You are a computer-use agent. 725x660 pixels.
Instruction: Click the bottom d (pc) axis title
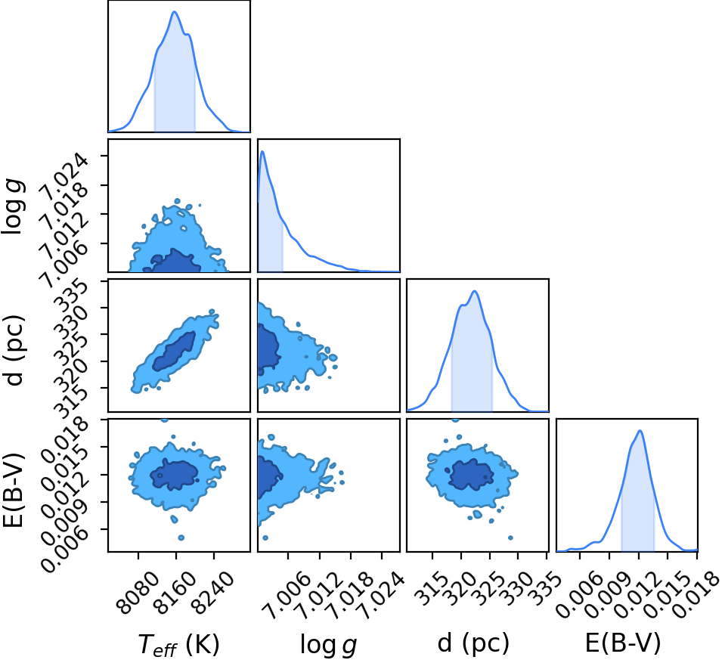tap(473, 643)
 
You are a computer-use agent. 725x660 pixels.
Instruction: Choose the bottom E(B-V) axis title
tap(623, 643)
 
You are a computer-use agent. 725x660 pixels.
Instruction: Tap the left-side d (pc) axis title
tap(14, 351)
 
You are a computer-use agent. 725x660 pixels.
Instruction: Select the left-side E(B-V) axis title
tap(14, 489)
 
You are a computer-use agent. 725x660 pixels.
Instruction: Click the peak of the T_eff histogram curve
tap(175, 11)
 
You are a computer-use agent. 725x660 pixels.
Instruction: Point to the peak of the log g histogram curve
tap(262, 151)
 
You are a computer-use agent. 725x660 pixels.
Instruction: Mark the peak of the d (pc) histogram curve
tap(475, 291)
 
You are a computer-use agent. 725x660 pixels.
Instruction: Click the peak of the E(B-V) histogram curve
tap(640, 431)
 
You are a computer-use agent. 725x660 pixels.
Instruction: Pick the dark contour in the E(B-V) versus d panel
tap(471, 475)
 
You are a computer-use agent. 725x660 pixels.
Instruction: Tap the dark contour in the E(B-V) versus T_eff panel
tap(175, 475)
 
